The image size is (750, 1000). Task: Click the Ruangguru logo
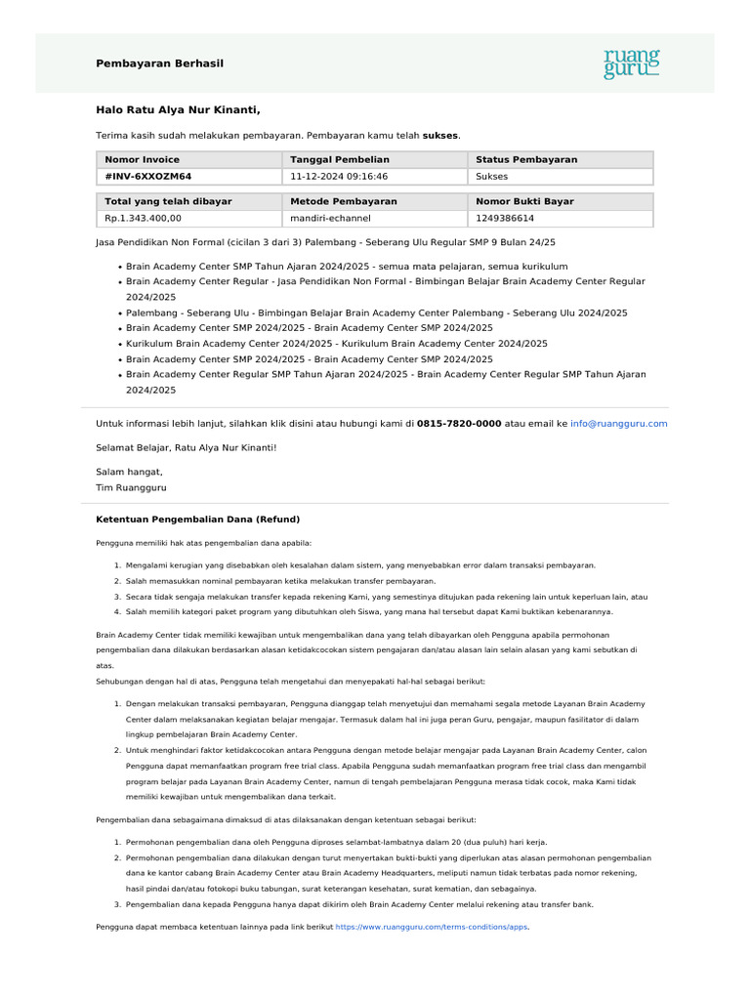point(632,62)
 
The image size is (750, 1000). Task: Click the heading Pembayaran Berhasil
point(159,63)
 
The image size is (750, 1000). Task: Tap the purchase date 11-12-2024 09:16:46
point(339,177)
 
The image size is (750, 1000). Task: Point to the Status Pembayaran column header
point(526,159)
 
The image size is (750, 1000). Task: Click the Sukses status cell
point(491,177)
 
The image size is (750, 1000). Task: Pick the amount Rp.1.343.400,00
point(144,219)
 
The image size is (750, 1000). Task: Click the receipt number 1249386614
point(505,219)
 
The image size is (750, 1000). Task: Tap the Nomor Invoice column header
point(143,159)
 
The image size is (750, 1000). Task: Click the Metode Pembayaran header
point(344,201)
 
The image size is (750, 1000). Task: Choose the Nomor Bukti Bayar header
point(524,201)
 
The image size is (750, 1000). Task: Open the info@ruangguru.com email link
point(619,424)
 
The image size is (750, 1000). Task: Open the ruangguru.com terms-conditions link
point(432,926)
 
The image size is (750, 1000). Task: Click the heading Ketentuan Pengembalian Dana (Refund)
point(197,519)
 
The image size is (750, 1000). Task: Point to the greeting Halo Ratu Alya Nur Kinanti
point(178,110)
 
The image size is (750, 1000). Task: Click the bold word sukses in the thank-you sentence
point(440,135)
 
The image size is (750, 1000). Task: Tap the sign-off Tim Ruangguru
point(138,486)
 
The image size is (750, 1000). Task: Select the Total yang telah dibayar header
point(168,201)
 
